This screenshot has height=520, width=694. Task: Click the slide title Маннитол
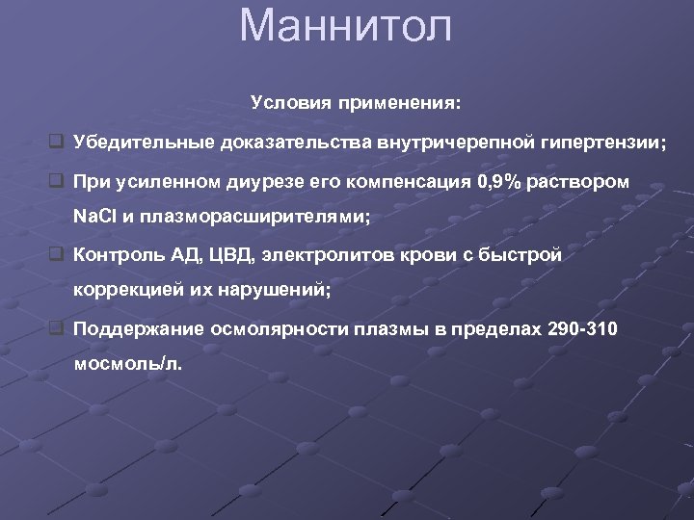coord(346,26)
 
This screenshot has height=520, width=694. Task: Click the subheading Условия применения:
coord(356,101)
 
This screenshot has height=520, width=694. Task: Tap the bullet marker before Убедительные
coord(57,143)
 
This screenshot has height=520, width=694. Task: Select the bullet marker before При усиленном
coord(57,181)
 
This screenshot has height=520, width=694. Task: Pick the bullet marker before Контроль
coord(57,255)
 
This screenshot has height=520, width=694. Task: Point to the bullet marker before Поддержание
coord(57,329)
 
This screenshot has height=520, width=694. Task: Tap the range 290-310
coord(582,329)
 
